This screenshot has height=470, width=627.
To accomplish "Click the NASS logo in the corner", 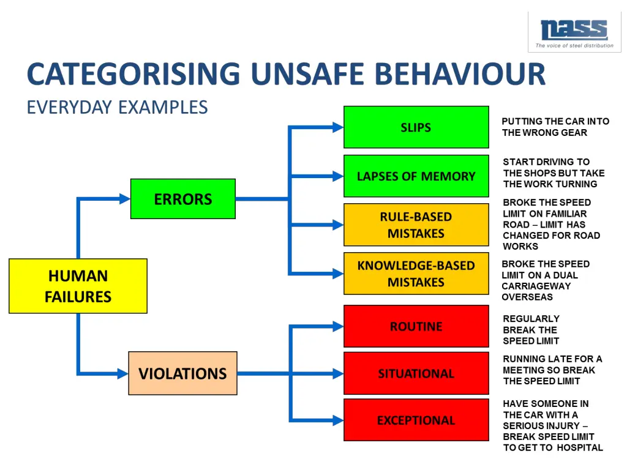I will coord(574,31).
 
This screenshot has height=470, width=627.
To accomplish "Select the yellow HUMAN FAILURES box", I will coord(78,286).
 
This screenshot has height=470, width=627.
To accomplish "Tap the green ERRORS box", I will coord(182,199).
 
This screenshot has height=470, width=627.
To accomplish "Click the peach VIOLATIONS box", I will coord(182,373).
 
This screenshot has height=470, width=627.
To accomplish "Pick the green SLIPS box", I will coord(416,127).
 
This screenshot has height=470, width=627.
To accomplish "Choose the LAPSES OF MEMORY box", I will coord(416,176).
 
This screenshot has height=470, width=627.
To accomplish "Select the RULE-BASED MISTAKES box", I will coord(416,225).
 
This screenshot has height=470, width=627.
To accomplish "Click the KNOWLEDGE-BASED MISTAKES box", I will coord(416,274).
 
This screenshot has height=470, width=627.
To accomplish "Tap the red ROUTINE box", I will coord(416,326).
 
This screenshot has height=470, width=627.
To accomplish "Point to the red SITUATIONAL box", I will coord(416,373).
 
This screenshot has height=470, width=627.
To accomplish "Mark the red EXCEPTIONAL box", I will coord(416,420).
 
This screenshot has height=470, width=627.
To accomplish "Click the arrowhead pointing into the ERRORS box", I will coord(124,199).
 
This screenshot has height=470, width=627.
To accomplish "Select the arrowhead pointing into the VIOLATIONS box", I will coord(122,373).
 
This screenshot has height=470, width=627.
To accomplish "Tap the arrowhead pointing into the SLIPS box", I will coord(337,127).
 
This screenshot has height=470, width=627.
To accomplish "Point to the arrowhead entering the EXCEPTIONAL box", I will coord(337,420).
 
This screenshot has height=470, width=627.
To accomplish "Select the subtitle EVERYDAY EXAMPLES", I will coord(117,108).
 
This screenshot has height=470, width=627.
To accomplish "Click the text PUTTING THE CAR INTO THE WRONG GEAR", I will coord(555,127).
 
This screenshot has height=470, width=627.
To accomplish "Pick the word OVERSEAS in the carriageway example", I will coord(527,297).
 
